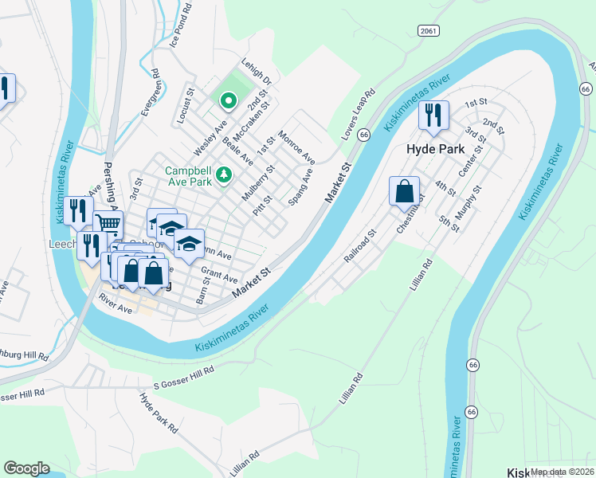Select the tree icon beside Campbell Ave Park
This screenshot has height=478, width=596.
tap(225, 173)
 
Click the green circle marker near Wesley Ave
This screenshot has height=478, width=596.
tap(227, 100)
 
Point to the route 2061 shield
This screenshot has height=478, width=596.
tap(427, 29)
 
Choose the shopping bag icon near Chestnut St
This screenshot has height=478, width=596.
tap(404, 191)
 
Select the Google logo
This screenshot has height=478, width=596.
tap(26, 468)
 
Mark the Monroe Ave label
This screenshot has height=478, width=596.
tap(296, 147)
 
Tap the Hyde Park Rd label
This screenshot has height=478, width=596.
tap(159, 412)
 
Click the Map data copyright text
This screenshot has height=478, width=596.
tap(562, 472)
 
